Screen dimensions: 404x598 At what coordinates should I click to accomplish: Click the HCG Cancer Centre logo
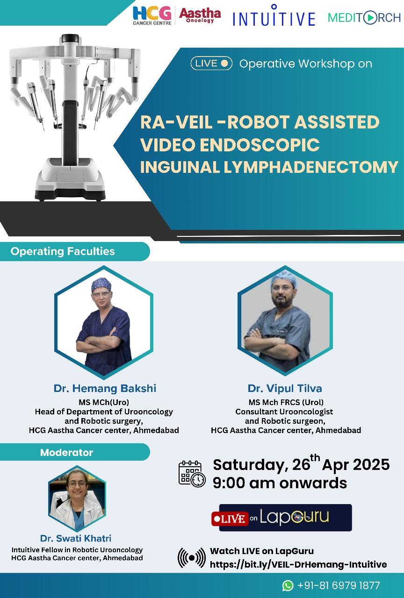(x=152, y=16)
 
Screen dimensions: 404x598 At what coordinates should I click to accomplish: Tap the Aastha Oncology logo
(x=200, y=15)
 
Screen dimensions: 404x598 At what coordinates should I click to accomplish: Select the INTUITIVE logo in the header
(x=274, y=15)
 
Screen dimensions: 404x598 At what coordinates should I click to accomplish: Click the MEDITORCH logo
(x=364, y=18)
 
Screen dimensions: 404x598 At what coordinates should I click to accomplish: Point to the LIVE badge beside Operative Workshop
(x=211, y=64)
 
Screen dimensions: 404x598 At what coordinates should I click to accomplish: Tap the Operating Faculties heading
(x=63, y=251)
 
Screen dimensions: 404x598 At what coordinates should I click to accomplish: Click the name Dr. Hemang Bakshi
(x=105, y=388)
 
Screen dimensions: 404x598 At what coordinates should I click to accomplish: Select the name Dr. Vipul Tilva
(x=285, y=388)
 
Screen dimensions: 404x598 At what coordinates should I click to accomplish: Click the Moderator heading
(x=66, y=452)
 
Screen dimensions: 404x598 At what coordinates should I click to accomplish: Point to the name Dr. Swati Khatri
(x=76, y=538)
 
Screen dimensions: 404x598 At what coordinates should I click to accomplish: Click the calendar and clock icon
(x=192, y=474)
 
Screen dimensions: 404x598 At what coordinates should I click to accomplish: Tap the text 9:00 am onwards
(x=280, y=483)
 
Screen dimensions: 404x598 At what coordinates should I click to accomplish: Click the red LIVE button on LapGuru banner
(x=230, y=519)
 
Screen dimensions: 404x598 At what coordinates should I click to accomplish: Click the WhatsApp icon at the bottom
(x=288, y=585)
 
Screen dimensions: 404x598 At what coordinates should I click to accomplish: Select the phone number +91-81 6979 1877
(x=339, y=585)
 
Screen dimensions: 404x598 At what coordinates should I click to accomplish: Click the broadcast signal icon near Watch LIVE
(x=192, y=558)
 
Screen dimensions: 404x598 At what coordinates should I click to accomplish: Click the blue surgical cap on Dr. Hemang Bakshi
(x=101, y=285)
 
